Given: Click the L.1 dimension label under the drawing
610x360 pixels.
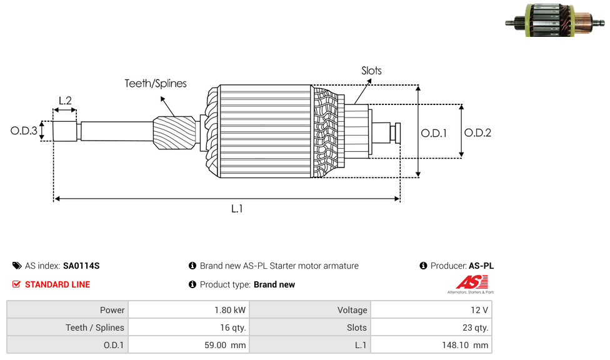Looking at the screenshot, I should [236, 209].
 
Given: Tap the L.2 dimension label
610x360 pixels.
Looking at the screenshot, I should [65, 100].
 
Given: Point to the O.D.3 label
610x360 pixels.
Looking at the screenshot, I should [24, 131].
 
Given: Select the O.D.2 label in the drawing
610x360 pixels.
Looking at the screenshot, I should [477, 132].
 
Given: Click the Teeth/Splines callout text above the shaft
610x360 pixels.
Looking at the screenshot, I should [156, 84].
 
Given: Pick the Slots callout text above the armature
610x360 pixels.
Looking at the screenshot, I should [371, 71].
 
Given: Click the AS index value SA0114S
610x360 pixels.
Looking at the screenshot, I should [81, 266].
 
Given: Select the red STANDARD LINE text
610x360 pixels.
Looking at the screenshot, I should [57, 284].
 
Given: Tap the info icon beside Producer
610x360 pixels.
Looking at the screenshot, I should [423, 266].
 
